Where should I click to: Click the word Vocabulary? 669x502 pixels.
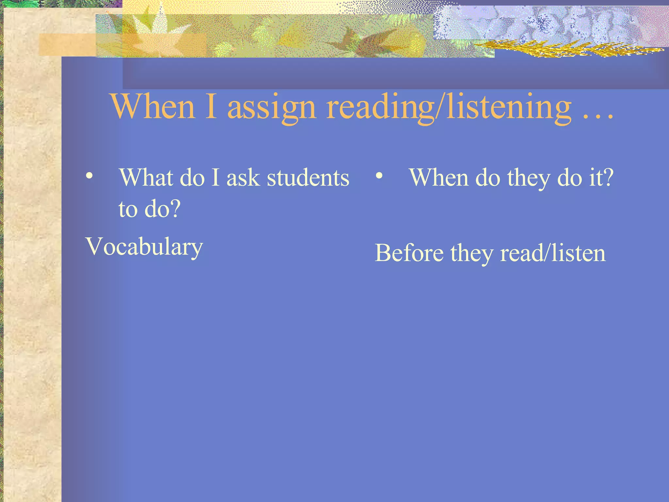pos(144,247)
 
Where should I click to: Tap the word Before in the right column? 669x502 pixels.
pos(409,253)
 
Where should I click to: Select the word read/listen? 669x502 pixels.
pos(553,253)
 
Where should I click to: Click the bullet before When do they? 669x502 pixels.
pos(379,176)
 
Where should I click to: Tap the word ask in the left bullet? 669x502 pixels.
pos(243,178)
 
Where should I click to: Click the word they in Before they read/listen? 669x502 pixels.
pos(471,254)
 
